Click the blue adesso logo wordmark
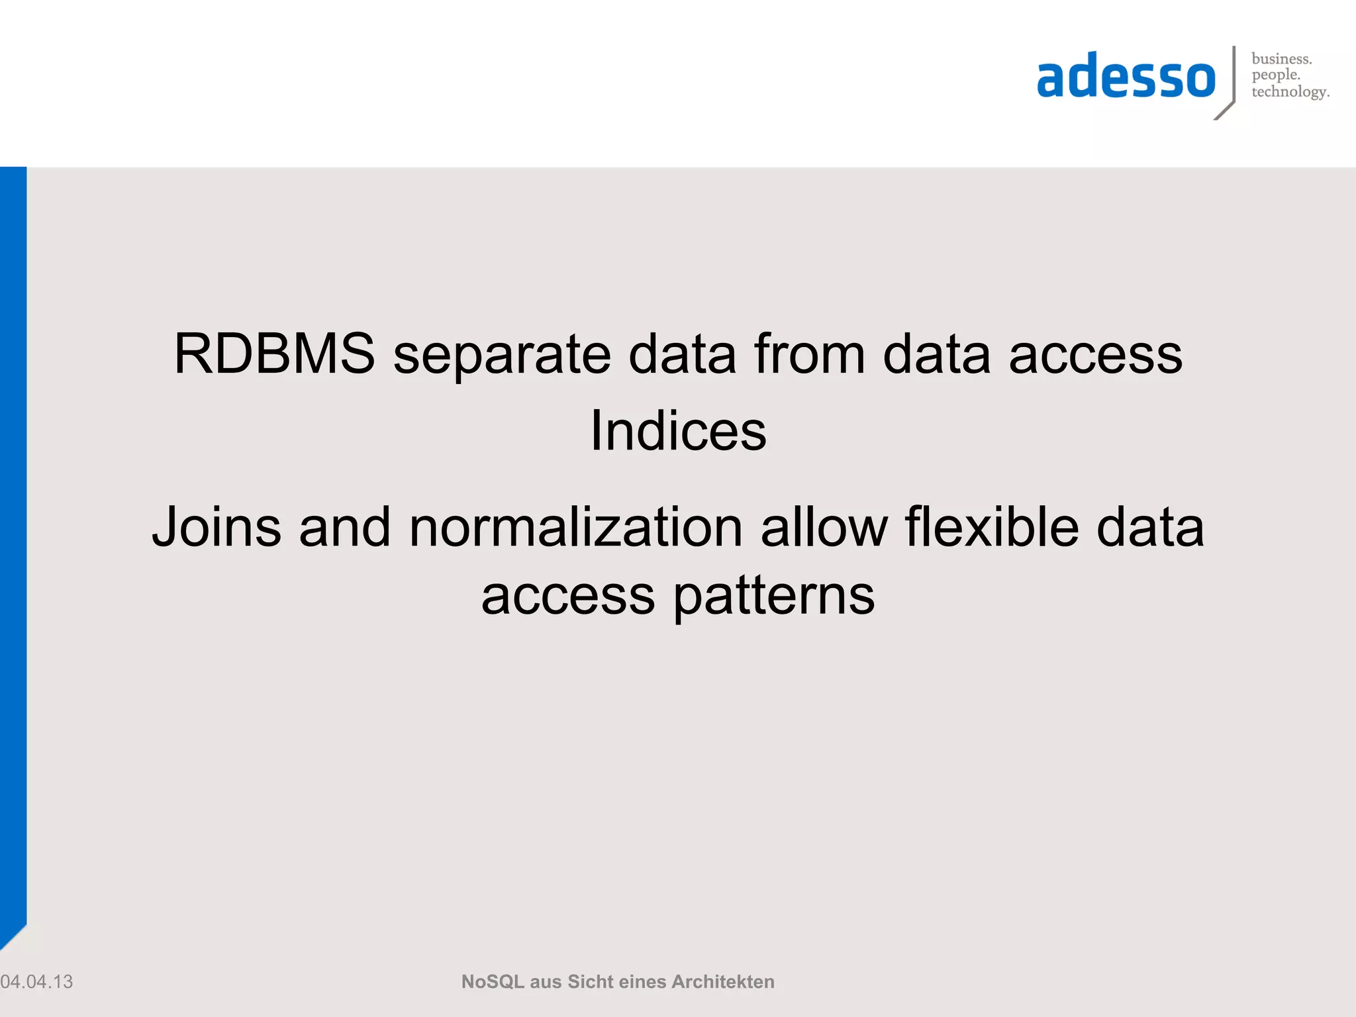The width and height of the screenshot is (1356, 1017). tap(1126, 78)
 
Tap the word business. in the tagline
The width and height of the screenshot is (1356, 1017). tap(1281, 59)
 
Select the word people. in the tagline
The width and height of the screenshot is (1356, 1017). tap(1276, 75)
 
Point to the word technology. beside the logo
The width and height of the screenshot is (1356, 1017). tap(1290, 92)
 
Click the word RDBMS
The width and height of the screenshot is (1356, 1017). tap(274, 354)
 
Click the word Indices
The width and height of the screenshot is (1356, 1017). tap(678, 432)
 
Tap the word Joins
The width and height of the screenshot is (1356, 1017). tap(217, 528)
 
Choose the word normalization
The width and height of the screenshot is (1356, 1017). tap(576, 528)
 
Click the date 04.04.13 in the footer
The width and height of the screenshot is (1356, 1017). tap(36, 982)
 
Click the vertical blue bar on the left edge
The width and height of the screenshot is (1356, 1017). tap(13, 530)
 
